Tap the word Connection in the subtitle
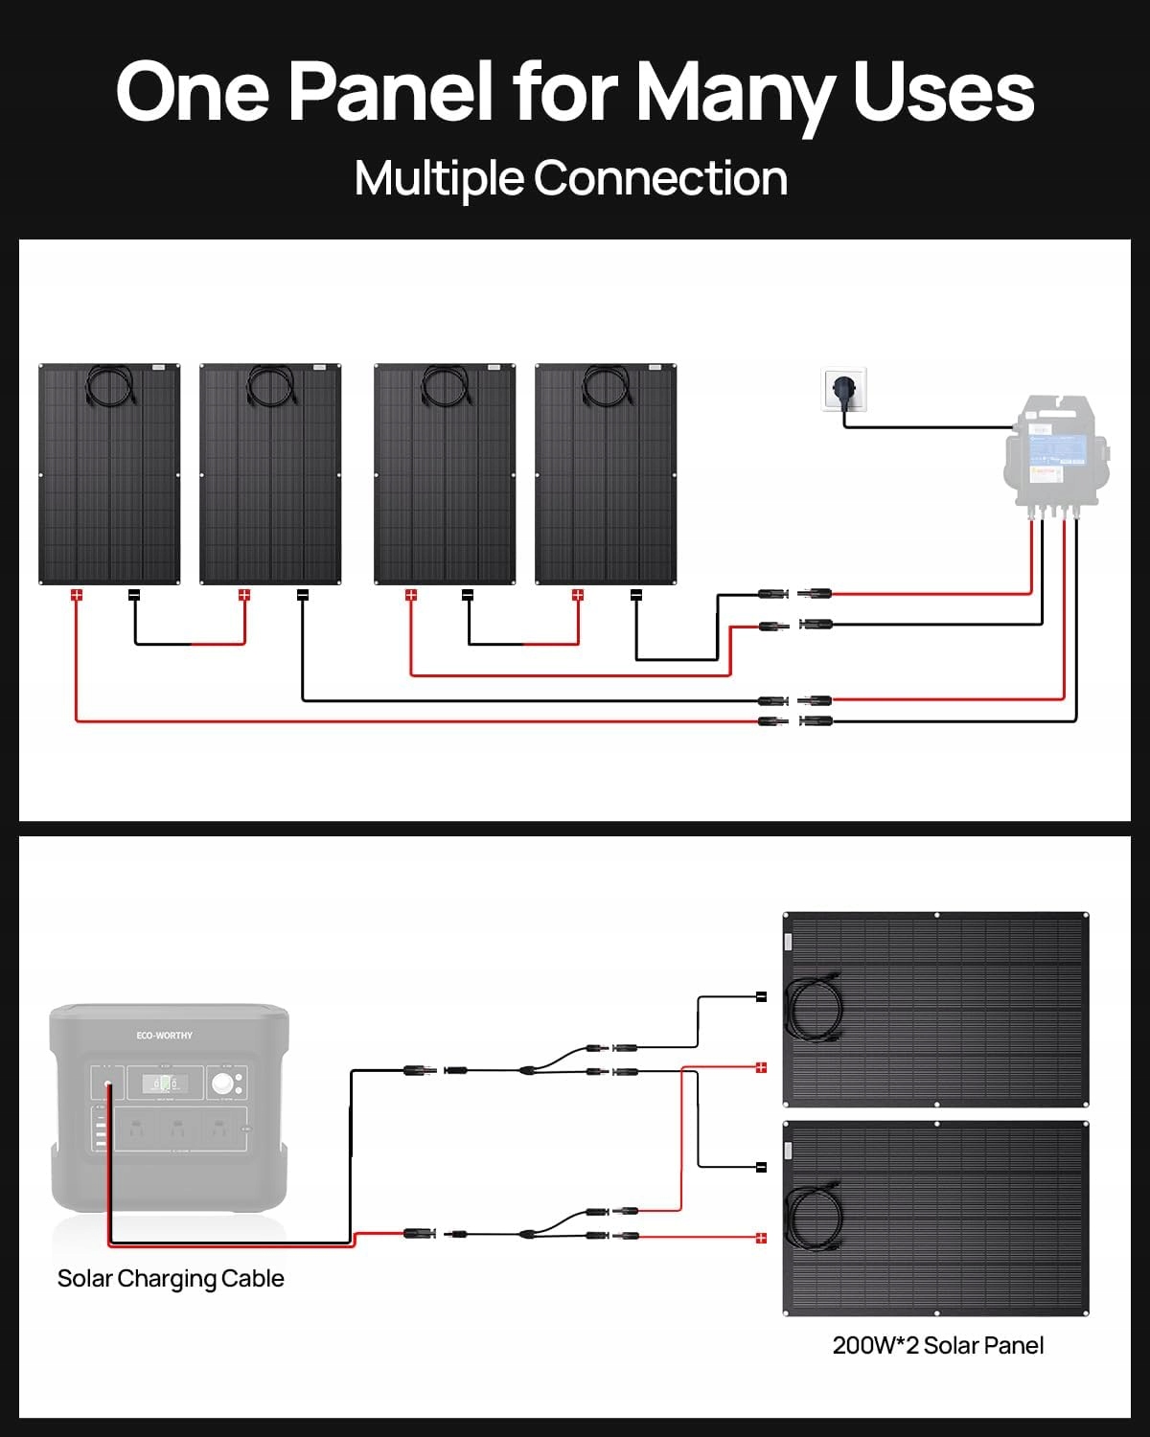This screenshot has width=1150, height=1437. tap(660, 178)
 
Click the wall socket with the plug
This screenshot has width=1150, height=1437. tap(844, 390)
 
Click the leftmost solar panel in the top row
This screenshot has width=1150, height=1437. tap(109, 474)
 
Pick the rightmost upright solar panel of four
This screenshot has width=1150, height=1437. tap(606, 474)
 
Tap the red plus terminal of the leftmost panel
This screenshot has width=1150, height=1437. tap(77, 595)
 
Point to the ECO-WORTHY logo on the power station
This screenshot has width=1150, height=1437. tap(164, 1036)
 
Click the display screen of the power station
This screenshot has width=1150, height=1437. tap(165, 1084)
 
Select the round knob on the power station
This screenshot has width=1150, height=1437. tap(224, 1085)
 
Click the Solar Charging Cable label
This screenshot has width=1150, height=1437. tap(171, 1279)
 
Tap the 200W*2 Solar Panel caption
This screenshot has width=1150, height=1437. tap(938, 1346)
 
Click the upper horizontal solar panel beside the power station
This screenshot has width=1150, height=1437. tap(936, 1009)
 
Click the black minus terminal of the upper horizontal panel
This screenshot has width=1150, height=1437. tap(762, 997)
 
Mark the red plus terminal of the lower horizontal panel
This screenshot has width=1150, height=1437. tap(762, 1238)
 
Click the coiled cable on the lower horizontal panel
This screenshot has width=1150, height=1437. tap(814, 1218)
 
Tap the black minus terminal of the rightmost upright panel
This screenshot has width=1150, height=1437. tap(635, 595)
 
